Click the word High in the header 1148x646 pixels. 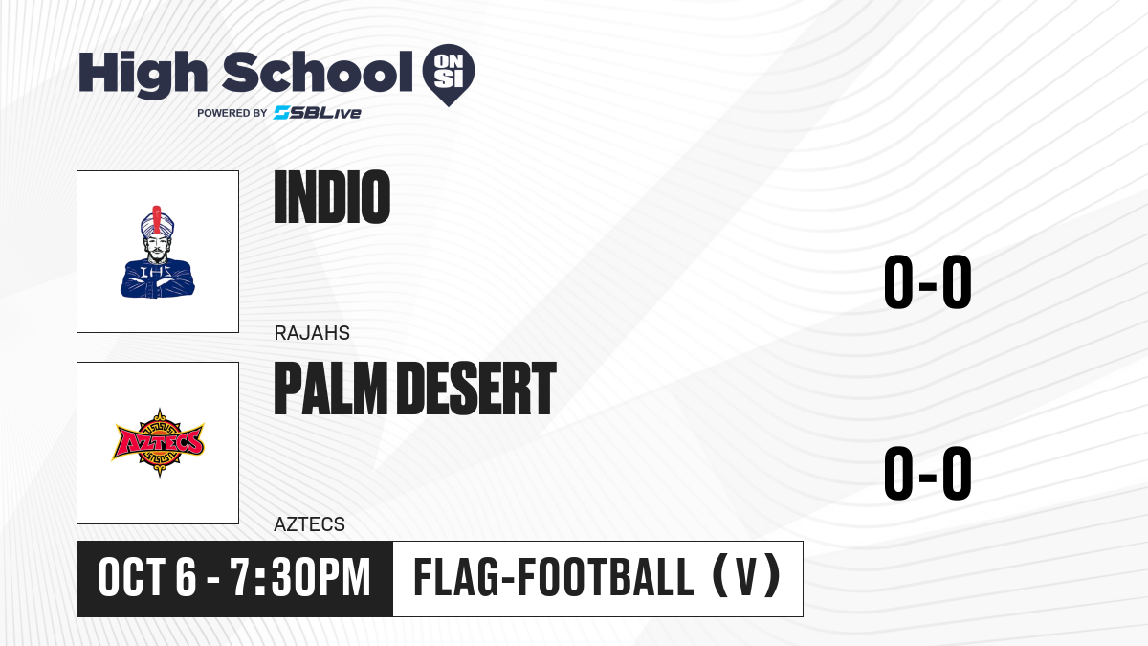143,75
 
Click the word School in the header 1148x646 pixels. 318,72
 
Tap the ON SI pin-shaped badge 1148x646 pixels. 449,75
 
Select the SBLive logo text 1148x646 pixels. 318,113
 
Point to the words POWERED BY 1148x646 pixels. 232,113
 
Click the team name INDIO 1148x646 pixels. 332,197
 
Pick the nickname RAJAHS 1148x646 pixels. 312,333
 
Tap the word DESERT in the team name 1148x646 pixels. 476,389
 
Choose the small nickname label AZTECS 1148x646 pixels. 310,524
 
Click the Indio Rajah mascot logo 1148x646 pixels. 158,252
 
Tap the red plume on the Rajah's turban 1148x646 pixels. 157,220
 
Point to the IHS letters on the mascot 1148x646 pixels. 156,272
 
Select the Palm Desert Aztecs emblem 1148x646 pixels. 159,443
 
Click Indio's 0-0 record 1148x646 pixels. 928,281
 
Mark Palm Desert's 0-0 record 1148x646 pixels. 928,473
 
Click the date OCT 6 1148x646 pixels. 147,577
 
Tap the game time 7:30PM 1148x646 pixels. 299,577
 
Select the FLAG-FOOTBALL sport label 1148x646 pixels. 554,577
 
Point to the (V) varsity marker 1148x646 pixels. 747,577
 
